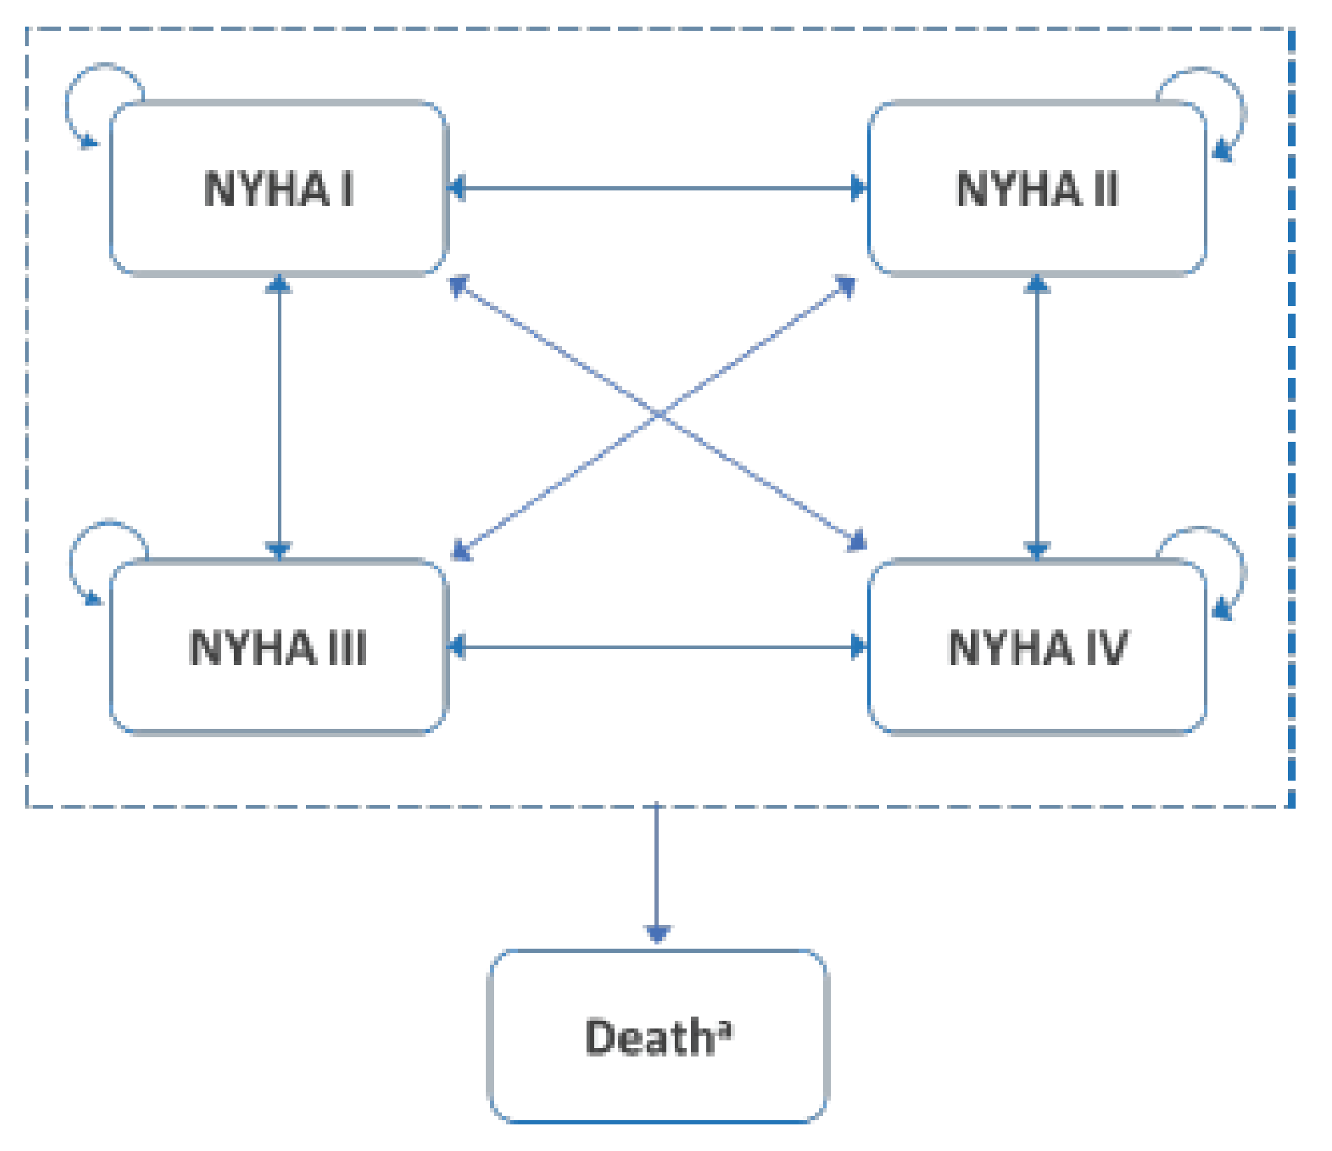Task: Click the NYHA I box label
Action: pos(279,189)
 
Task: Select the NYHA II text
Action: pos(1037,189)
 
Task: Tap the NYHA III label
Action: pos(278,648)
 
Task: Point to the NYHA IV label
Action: pos(1037,648)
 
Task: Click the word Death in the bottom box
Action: pos(647,1037)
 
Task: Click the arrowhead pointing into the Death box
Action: pos(657,934)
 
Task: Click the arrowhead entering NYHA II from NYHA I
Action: pos(858,188)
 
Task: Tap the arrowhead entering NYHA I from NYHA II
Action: pos(457,188)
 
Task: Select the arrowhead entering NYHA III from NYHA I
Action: pos(279,549)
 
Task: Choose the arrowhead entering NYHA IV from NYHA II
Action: pos(1037,549)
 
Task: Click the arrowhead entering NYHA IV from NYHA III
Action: pos(858,647)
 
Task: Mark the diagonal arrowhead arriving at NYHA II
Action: pos(846,286)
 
